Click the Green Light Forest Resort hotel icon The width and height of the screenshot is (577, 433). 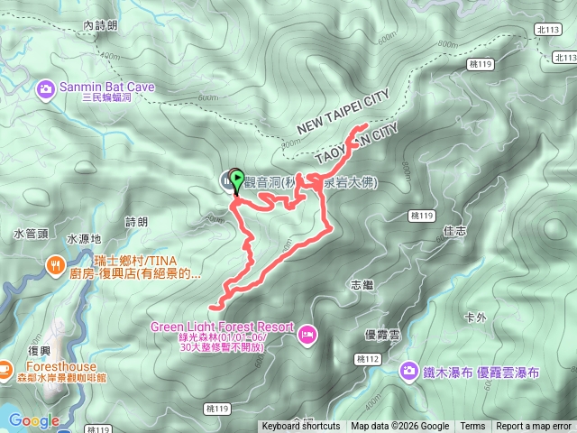[x=307, y=334]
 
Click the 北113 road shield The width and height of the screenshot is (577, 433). [x=549, y=30]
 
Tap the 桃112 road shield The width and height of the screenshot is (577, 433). [x=367, y=359]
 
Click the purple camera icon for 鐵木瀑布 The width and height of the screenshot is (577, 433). [x=409, y=371]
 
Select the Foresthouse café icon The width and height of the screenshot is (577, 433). [x=5, y=368]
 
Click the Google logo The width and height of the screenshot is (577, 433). [x=34, y=420]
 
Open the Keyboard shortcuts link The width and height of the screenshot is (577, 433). [x=301, y=427]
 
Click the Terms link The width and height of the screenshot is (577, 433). [x=472, y=427]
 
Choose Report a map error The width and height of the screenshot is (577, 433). [x=534, y=427]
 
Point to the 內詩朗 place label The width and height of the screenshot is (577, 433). [x=99, y=26]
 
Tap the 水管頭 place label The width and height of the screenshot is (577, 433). [x=30, y=234]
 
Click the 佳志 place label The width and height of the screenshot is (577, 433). [x=455, y=230]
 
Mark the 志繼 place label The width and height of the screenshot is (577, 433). [x=361, y=284]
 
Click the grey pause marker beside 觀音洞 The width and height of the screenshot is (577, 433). [x=226, y=180]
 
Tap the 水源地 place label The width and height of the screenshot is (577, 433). [x=84, y=240]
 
